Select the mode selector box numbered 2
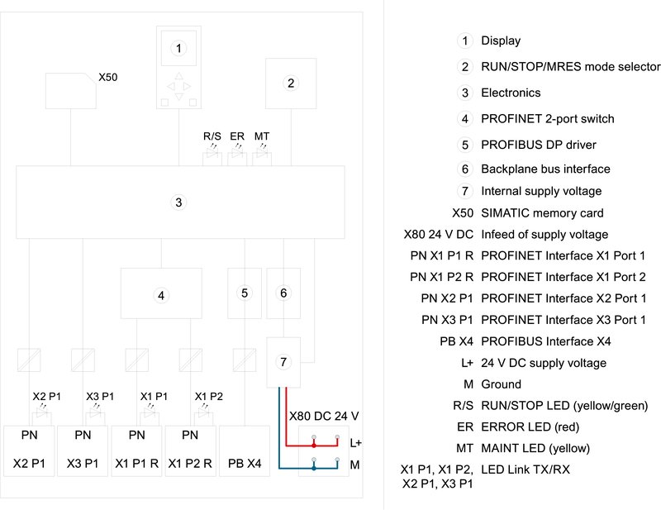pyautogui.click(x=290, y=83)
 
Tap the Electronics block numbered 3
pyautogui.click(x=178, y=203)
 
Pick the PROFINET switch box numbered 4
pyautogui.click(x=162, y=293)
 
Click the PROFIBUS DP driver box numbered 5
pyautogui.click(x=245, y=293)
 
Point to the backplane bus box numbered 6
pyautogui.click(x=283, y=293)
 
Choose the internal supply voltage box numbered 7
pyautogui.click(x=283, y=362)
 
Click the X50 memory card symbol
pyautogui.click(x=70, y=90)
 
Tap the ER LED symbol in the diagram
pyautogui.click(x=237, y=154)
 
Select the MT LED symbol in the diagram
pyautogui.click(x=262, y=154)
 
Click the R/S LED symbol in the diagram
pyautogui.click(x=212, y=154)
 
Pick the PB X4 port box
pyautogui.click(x=245, y=450)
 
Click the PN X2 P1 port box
pyautogui.click(x=28, y=450)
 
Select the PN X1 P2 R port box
pyautogui.click(x=190, y=450)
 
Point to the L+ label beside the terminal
pyautogui.click(x=356, y=443)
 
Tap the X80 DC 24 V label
pyautogui.click(x=323, y=415)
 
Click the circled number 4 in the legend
pyautogui.click(x=465, y=119)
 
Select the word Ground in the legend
pyautogui.click(x=502, y=384)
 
